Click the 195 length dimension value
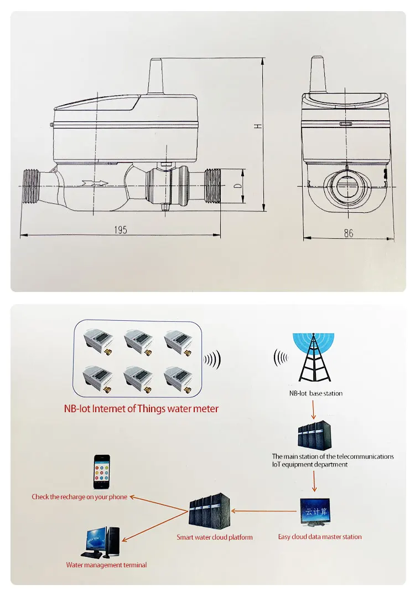121,230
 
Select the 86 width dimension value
348,233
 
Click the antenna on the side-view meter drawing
155,77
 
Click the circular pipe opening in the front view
347,187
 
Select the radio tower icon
313,359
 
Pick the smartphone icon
101,472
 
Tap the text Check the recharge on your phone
80,497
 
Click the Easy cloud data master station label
320,537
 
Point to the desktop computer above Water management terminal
103,542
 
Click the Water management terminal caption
107,565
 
